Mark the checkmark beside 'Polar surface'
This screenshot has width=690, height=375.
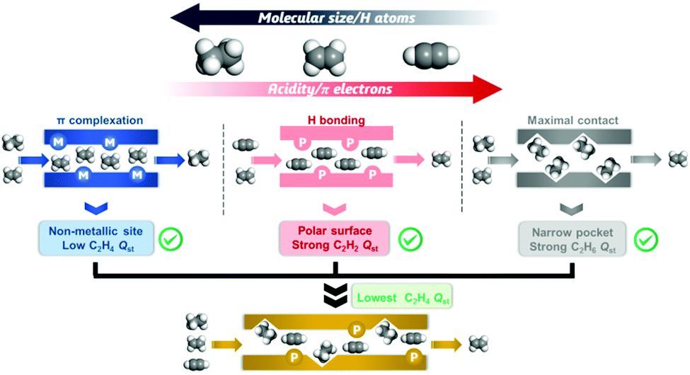410,239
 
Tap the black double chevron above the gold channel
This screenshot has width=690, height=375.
334,298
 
